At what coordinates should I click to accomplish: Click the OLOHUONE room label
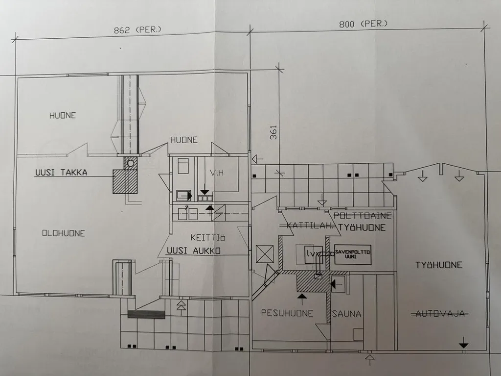pos(64,233)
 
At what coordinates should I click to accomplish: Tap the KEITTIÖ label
pos(208,238)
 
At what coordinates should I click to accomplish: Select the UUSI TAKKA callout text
pos(61,172)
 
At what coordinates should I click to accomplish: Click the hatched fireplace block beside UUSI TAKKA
pos(125,181)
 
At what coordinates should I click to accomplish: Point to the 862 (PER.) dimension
pos(137,30)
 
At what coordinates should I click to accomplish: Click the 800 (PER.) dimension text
pos(364,24)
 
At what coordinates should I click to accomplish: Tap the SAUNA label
pos(346,314)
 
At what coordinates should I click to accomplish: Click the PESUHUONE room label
pos(287,313)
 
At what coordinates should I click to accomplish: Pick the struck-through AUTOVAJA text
pos(439,314)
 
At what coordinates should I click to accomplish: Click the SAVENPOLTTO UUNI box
pos(353,254)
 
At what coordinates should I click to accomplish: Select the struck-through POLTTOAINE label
pos(363,216)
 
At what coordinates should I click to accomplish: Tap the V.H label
pos(217,173)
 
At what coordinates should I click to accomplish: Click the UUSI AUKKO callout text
pos(193,251)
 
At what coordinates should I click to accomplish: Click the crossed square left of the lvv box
pos(265,254)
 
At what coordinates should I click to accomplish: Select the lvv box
pos(314,254)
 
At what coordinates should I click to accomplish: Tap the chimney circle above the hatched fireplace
pos(130,163)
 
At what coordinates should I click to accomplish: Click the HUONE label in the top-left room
pos(63,115)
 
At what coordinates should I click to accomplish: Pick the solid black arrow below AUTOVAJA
pos(464,345)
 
